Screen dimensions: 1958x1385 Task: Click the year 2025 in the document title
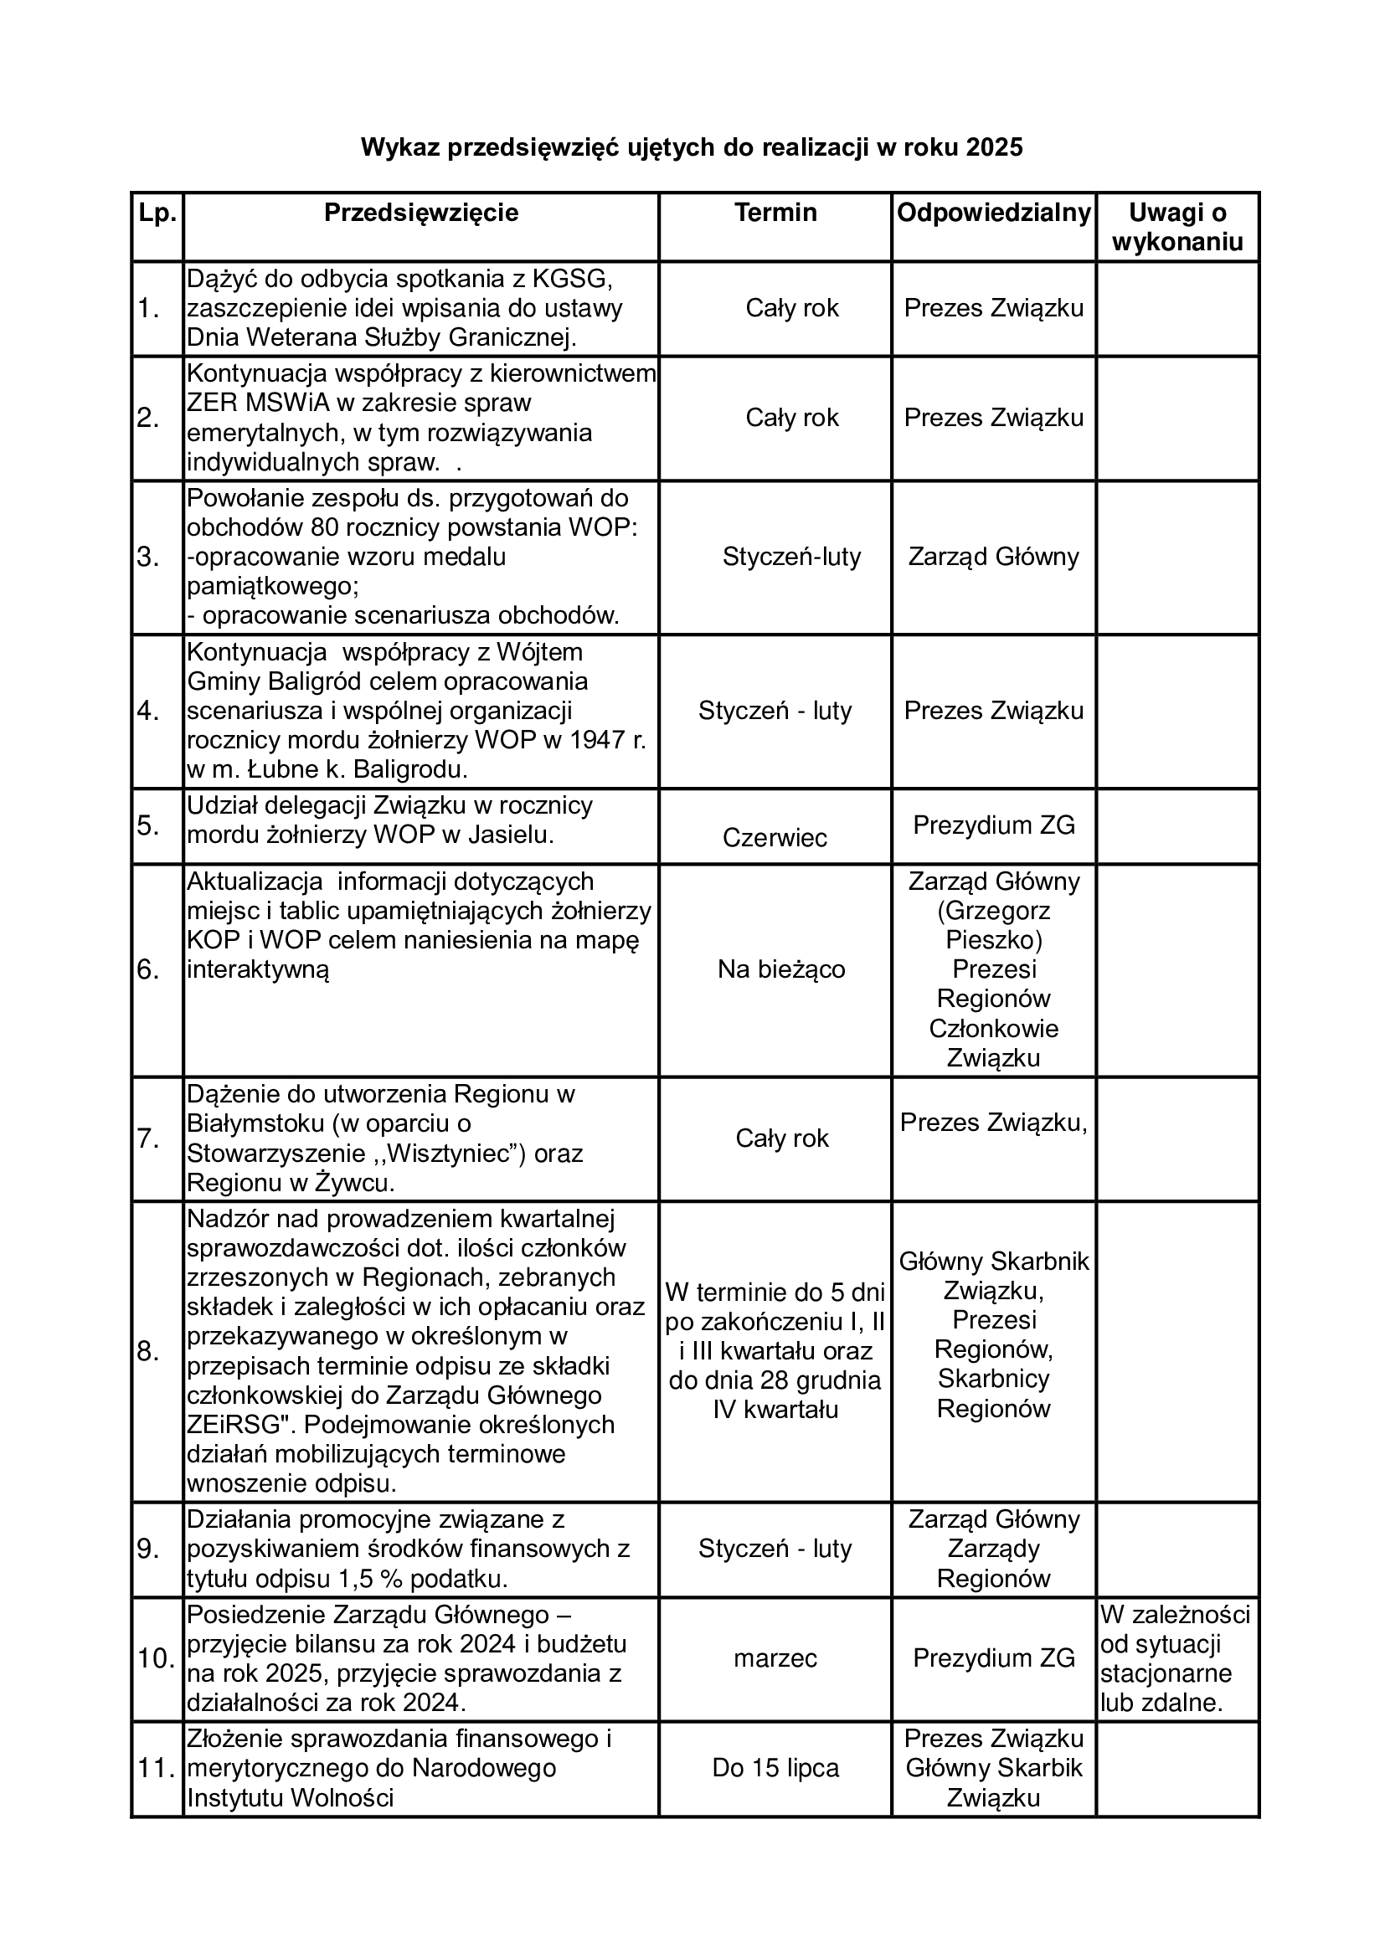994,148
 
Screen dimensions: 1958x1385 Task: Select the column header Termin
775,213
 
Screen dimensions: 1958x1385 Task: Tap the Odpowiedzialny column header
994,213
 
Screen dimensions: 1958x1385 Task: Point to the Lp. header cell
157,213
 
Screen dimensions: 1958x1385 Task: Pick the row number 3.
148,558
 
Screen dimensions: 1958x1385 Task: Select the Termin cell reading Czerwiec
775,837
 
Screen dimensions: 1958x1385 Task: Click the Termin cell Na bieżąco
781,969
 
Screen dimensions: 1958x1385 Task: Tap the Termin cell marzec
775,1657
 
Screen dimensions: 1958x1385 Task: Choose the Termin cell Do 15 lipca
775,1768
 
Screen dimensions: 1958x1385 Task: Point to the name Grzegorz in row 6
994,911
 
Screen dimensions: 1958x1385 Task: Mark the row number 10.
156,1658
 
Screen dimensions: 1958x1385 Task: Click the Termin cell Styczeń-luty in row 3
791,557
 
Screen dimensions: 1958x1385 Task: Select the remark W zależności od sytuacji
1175,1643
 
